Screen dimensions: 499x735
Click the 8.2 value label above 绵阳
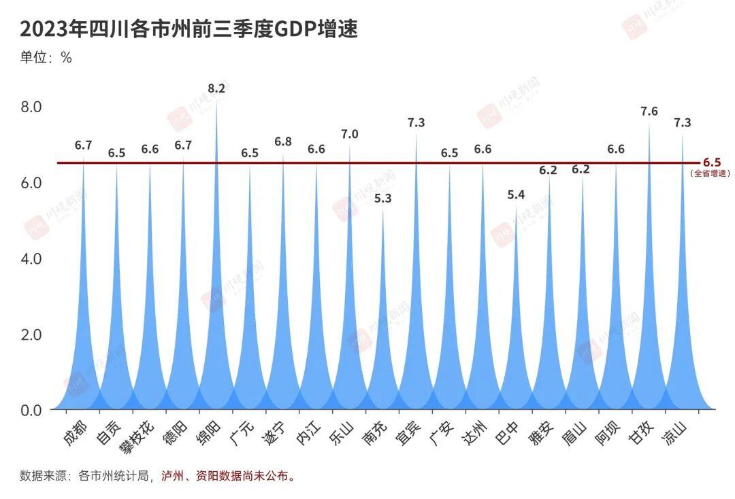[x=216, y=88]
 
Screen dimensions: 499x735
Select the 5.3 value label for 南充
[x=383, y=199]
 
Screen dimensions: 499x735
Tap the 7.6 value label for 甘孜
[x=649, y=111]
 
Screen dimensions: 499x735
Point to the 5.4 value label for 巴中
[x=516, y=195]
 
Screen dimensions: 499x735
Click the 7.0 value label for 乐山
[x=350, y=134]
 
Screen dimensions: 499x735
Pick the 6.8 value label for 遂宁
[x=283, y=141]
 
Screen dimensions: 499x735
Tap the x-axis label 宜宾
[x=408, y=434]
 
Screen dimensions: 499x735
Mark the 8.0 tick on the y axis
[x=32, y=107]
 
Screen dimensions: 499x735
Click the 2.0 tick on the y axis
[x=32, y=334]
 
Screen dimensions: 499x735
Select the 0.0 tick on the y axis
[x=32, y=410]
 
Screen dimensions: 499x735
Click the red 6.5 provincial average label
[x=711, y=162]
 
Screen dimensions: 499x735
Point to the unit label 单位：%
[x=46, y=58]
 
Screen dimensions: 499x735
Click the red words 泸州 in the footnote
[x=172, y=476]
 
